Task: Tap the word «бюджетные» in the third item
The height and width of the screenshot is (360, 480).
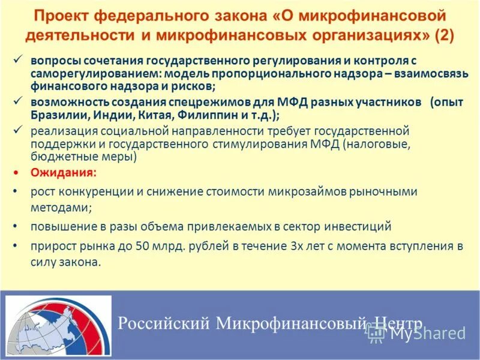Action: pyautogui.click(x=60, y=157)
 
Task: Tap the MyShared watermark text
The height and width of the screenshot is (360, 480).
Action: pyautogui.click(x=427, y=334)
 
